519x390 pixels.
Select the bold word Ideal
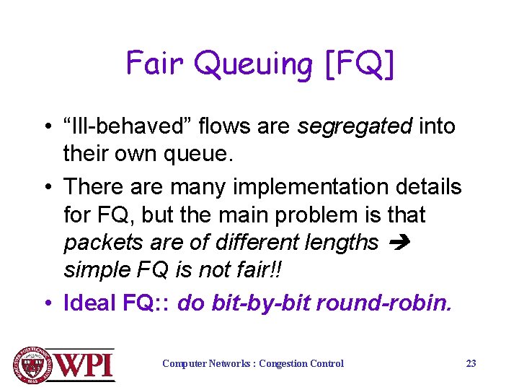(91, 303)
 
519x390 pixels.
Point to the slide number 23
(471, 363)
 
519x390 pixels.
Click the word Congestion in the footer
(284, 363)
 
